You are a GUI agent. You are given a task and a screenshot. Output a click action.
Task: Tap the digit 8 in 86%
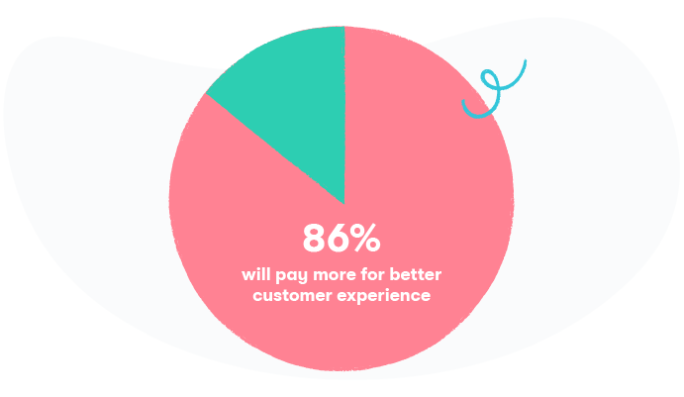tap(315, 238)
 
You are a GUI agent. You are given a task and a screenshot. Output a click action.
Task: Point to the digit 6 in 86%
tap(341, 238)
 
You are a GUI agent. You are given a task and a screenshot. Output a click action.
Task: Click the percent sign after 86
tap(367, 238)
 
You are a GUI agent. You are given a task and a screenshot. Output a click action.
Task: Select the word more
tap(329, 275)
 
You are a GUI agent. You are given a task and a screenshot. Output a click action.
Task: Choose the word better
tap(416, 274)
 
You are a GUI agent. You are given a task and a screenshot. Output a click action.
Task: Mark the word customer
tap(292, 296)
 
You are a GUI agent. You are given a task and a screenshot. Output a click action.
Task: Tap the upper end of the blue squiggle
tap(526, 61)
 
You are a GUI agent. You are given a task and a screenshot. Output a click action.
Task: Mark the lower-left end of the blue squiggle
tap(463, 102)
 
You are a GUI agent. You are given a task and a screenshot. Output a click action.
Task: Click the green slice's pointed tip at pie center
tap(344, 203)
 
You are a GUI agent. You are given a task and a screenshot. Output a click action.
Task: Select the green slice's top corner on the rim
tap(344, 27)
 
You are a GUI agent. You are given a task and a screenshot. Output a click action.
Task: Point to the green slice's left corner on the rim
tap(206, 93)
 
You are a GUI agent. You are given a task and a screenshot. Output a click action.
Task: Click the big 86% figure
tap(342, 238)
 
